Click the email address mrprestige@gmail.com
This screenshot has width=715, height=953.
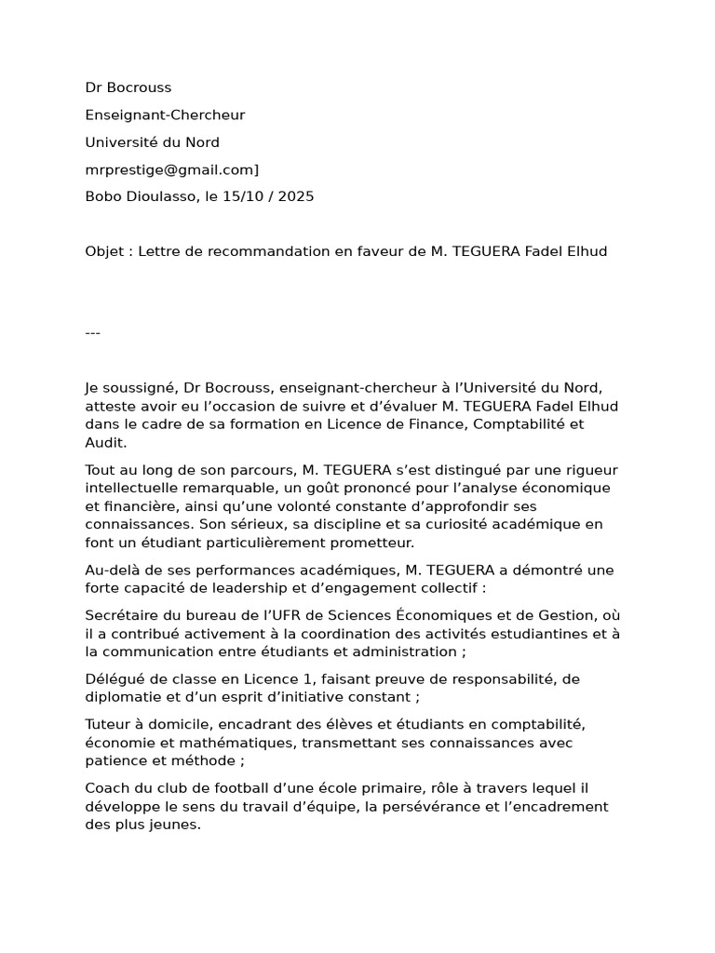pos(169,169)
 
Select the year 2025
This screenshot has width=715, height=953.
pos(294,196)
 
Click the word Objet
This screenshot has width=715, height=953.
pos(104,251)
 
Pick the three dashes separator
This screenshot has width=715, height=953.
pos(92,333)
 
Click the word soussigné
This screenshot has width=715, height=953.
pos(142,387)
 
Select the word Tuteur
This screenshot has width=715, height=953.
pos(108,724)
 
